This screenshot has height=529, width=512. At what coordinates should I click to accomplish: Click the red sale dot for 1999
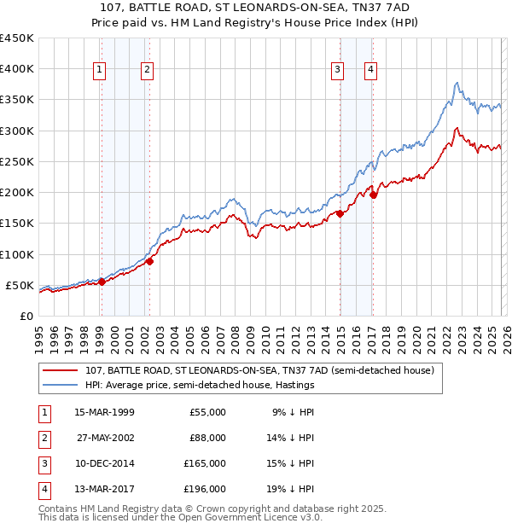pyautogui.click(x=102, y=282)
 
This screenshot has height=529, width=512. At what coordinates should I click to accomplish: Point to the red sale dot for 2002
pyautogui.click(x=149, y=261)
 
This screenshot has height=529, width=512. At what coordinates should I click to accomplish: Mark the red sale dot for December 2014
pyautogui.click(x=340, y=214)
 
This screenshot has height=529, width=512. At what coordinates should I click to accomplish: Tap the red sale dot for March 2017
pyautogui.click(x=374, y=195)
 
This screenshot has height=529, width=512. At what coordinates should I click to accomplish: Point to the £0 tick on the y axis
pyautogui.click(x=26, y=316)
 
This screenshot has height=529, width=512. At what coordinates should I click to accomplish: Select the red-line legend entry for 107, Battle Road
pyautogui.click(x=260, y=370)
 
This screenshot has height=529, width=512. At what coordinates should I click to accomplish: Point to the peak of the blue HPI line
pyautogui.click(x=457, y=83)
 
